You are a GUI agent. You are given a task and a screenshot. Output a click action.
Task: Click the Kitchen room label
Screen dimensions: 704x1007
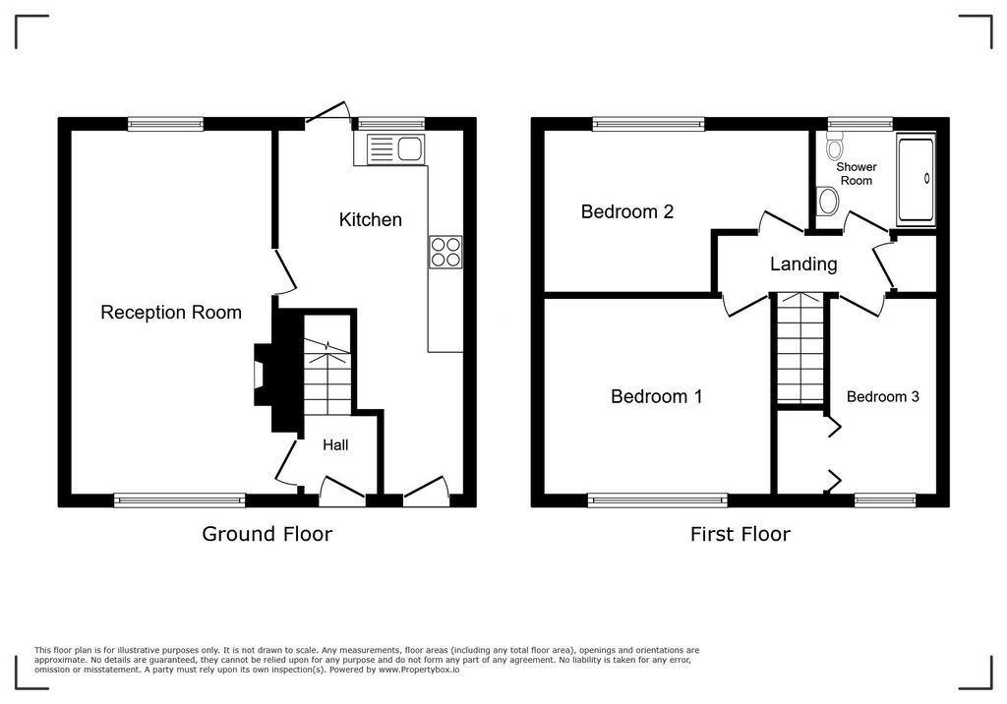(371, 219)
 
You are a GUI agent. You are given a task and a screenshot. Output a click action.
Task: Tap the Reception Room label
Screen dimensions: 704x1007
(171, 313)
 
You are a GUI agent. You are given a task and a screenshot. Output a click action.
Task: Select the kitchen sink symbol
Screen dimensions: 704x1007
(393, 149)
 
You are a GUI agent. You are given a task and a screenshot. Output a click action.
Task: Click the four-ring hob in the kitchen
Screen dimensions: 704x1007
(445, 253)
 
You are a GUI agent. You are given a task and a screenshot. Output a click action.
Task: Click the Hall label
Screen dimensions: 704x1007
(335, 445)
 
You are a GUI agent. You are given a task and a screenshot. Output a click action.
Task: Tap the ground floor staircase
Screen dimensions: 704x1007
(326, 379)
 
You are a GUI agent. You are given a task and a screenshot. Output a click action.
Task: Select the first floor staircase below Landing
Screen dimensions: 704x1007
(800, 349)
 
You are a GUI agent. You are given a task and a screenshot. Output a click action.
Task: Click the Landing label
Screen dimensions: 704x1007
(803, 264)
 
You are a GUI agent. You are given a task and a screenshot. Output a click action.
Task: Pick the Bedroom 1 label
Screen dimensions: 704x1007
(656, 397)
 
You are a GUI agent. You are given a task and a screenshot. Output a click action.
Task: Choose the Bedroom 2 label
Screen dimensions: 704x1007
(626, 211)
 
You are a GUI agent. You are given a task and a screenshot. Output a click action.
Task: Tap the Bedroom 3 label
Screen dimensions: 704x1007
(883, 397)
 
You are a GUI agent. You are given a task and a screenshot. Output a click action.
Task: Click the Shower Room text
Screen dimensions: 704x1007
(856, 174)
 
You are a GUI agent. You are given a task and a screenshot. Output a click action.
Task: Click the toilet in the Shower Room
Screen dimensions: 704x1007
(836, 148)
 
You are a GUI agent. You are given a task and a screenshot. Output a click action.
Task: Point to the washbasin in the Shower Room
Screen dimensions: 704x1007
(829, 203)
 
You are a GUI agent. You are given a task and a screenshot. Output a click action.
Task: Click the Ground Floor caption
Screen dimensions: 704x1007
(267, 534)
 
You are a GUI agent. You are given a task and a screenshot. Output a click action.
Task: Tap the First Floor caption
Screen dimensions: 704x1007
(739, 534)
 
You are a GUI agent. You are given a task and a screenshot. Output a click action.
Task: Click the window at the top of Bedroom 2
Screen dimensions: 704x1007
(648, 124)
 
